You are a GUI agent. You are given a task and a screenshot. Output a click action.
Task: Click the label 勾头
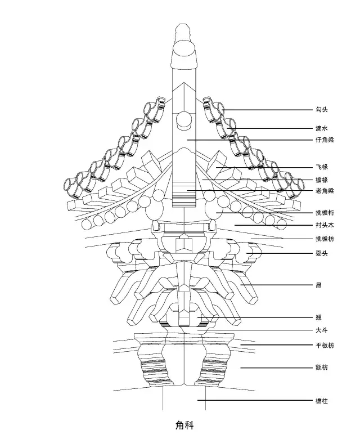pos(322,110)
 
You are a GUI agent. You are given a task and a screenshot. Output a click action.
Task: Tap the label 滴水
pos(322,128)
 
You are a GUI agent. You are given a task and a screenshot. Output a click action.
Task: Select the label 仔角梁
pos(325,140)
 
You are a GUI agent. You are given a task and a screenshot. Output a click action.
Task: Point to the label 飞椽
pos(322,167)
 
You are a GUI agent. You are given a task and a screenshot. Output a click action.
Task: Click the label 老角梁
pos(325,191)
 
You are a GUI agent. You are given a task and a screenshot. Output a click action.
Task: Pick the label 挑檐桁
pos(325,213)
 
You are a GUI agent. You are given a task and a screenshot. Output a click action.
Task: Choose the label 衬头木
pos(325,225)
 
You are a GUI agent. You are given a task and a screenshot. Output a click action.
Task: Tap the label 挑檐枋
pos(325,239)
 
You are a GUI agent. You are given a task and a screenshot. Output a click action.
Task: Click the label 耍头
pos(322,253)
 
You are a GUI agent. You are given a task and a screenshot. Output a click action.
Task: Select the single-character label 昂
pos(318,285)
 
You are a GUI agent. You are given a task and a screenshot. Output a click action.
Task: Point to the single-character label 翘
pos(318,317)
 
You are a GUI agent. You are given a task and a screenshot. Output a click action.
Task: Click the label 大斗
pos(322,330)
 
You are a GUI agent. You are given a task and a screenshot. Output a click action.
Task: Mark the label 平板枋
pos(325,345)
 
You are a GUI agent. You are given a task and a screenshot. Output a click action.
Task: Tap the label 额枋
pos(322,368)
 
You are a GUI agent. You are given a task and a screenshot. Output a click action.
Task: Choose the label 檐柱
pos(322,401)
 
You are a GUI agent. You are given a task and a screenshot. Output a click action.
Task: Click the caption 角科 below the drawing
pos(184,425)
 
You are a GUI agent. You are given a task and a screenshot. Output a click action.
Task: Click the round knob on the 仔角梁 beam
pos(184,120)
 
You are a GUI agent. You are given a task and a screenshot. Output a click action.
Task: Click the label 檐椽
pos(322,180)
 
